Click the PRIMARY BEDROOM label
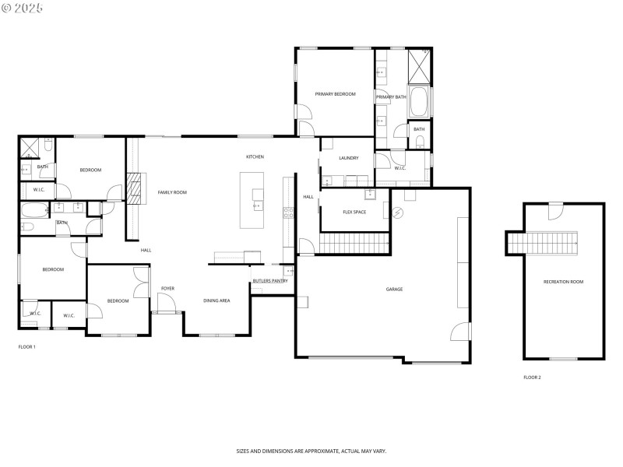(x=335, y=94)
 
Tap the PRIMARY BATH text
(x=391, y=97)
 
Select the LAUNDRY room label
(x=349, y=158)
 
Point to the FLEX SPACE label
(x=354, y=212)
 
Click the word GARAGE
(x=394, y=289)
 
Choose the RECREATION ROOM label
(x=564, y=282)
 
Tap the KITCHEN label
(x=255, y=156)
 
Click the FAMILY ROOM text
(x=172, y=192)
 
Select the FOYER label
(x=167, y=289)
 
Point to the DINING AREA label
(x=216, y=300)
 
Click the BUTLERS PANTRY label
(x=269, y=281)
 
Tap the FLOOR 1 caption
(x=26, y=346)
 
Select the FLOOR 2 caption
(x=532, y=377)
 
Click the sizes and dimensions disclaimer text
(x=311, y=451)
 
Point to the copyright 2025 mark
(x=23, y=8)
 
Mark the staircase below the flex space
(x=354, y=244)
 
